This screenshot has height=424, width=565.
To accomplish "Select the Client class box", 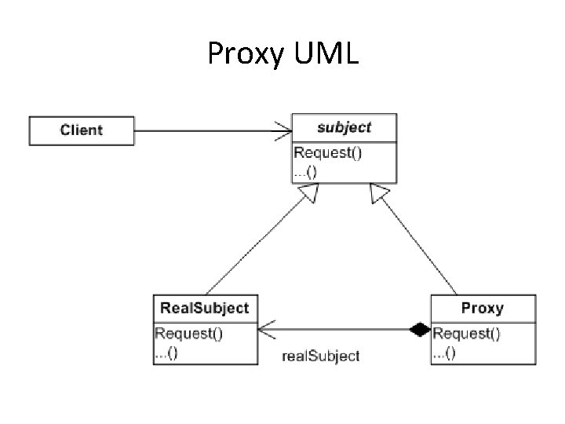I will point(82,130).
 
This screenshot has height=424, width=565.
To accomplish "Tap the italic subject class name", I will point(344,127).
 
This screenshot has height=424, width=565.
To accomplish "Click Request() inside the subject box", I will point(327,153).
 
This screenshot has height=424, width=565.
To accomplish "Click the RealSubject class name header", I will point(204,308).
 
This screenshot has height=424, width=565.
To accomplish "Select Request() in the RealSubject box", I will point(188,334).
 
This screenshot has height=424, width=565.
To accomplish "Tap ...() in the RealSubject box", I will point(166,353).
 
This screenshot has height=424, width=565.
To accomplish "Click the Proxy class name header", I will point(483,308).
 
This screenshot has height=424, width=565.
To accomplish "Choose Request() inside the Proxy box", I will point(467,334).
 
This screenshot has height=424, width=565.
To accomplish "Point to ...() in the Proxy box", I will point(445,353).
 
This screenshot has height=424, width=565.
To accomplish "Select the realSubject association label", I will point(320,356).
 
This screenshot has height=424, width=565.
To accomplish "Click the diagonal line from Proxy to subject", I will point(420,243).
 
